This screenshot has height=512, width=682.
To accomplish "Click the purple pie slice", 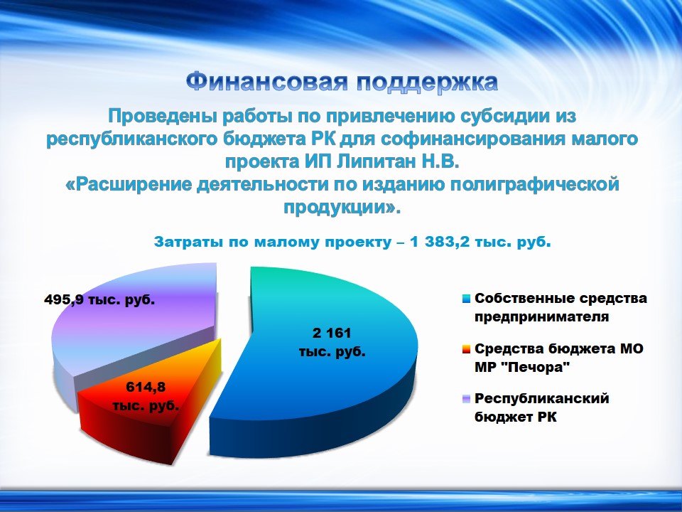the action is (131, 331).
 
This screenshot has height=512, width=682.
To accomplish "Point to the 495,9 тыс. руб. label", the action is (99, 300).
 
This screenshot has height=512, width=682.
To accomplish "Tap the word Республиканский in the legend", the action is (541, 399).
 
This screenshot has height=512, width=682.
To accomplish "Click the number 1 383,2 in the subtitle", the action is (440, 242).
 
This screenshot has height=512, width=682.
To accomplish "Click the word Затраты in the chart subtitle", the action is (189, 242).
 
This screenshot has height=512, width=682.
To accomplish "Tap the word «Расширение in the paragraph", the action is (129, 185).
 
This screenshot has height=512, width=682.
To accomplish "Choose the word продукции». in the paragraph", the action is (342, 208).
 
